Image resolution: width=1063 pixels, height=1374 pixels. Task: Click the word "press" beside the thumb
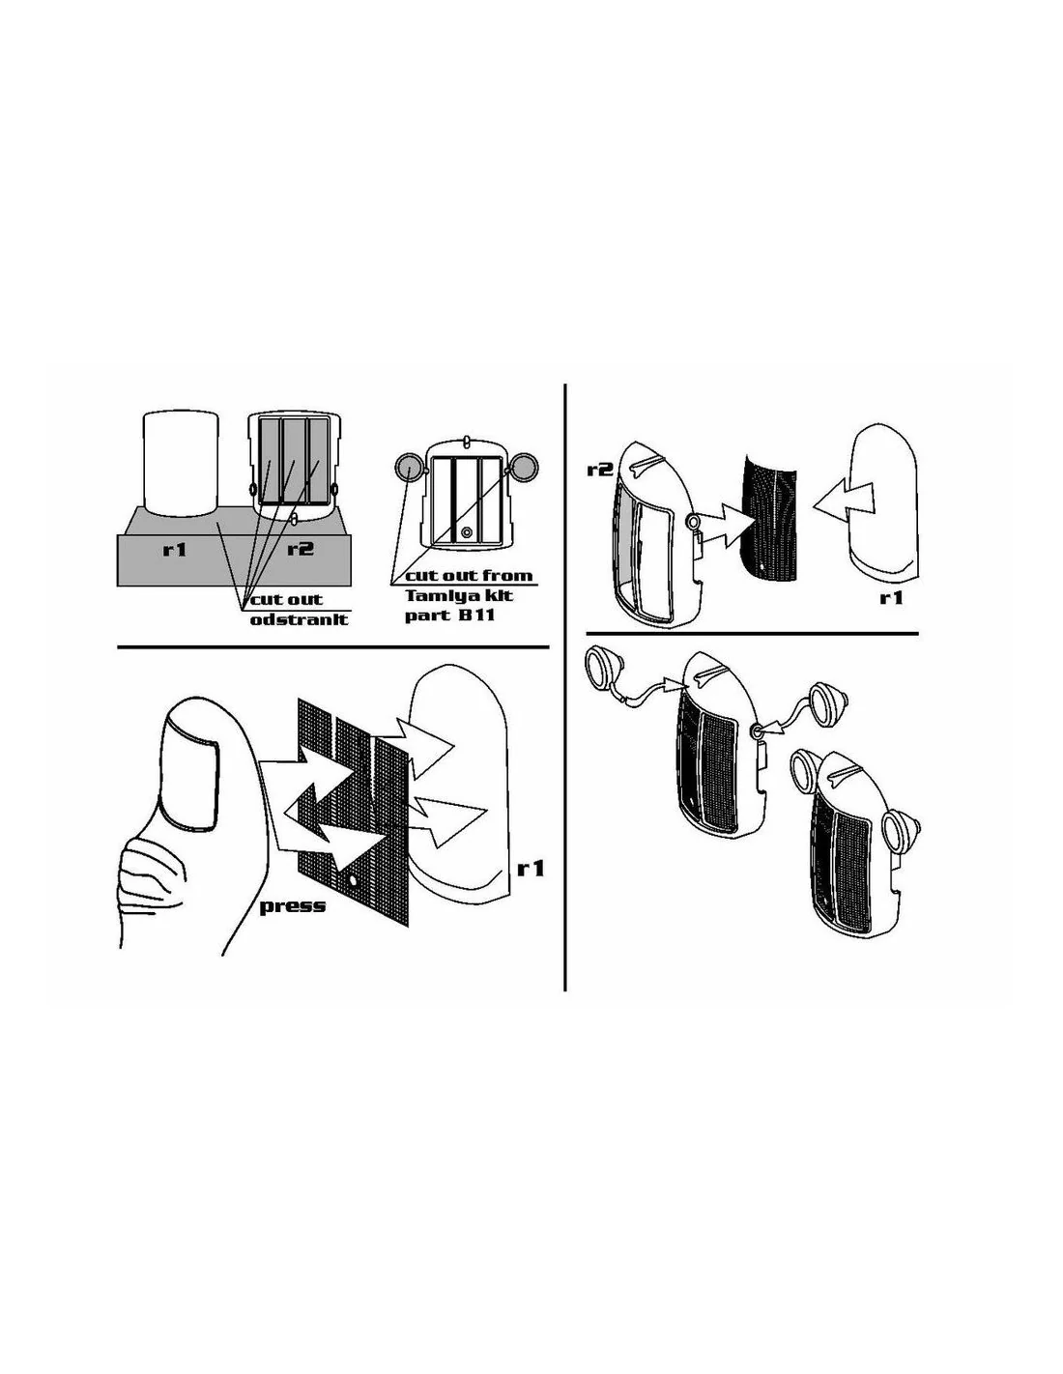(293, 905)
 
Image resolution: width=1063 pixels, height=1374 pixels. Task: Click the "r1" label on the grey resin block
(175, 548)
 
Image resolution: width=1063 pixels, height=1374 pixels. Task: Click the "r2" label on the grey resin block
(301, 548)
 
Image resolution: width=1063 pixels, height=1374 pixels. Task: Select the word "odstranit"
(299, 618)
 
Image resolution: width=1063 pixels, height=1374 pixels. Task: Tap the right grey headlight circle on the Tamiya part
(524, 468)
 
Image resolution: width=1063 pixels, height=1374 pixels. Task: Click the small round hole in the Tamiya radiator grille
(467, 531)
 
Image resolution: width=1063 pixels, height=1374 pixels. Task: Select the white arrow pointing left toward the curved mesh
(842, 497)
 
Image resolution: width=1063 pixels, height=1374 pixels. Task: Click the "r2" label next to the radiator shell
(599, 469)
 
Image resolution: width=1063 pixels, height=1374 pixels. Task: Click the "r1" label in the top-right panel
(891, 596)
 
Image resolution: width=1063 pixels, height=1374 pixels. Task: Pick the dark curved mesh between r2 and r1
(768, 518)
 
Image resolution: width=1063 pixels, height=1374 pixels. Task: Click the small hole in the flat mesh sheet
(353, 879)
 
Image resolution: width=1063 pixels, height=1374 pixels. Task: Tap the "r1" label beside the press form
(531, 869)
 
